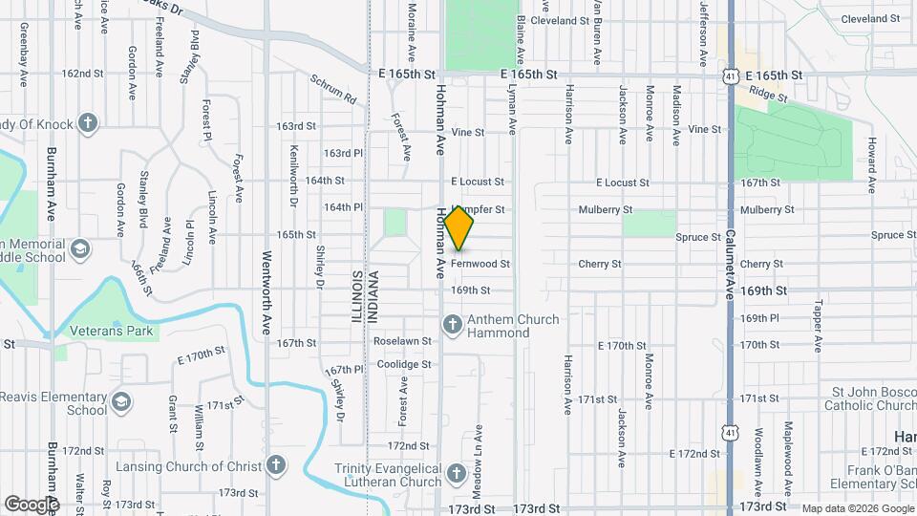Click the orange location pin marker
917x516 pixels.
pos(459,228)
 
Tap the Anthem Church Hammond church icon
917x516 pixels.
pos(453,325)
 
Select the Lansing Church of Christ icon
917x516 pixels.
pos(276,465)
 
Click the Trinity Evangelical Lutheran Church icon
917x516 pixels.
pos(457,474)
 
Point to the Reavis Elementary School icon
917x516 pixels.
pos(121,402)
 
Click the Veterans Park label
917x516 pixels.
pos(112,331)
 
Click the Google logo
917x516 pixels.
pos(32,504)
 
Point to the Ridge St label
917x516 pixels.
pos(768,94)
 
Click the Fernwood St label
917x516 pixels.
pos(480,264)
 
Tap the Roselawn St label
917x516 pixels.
pos(403,340)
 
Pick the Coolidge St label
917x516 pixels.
pos(403,364)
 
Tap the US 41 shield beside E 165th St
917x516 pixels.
pos(729,74)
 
